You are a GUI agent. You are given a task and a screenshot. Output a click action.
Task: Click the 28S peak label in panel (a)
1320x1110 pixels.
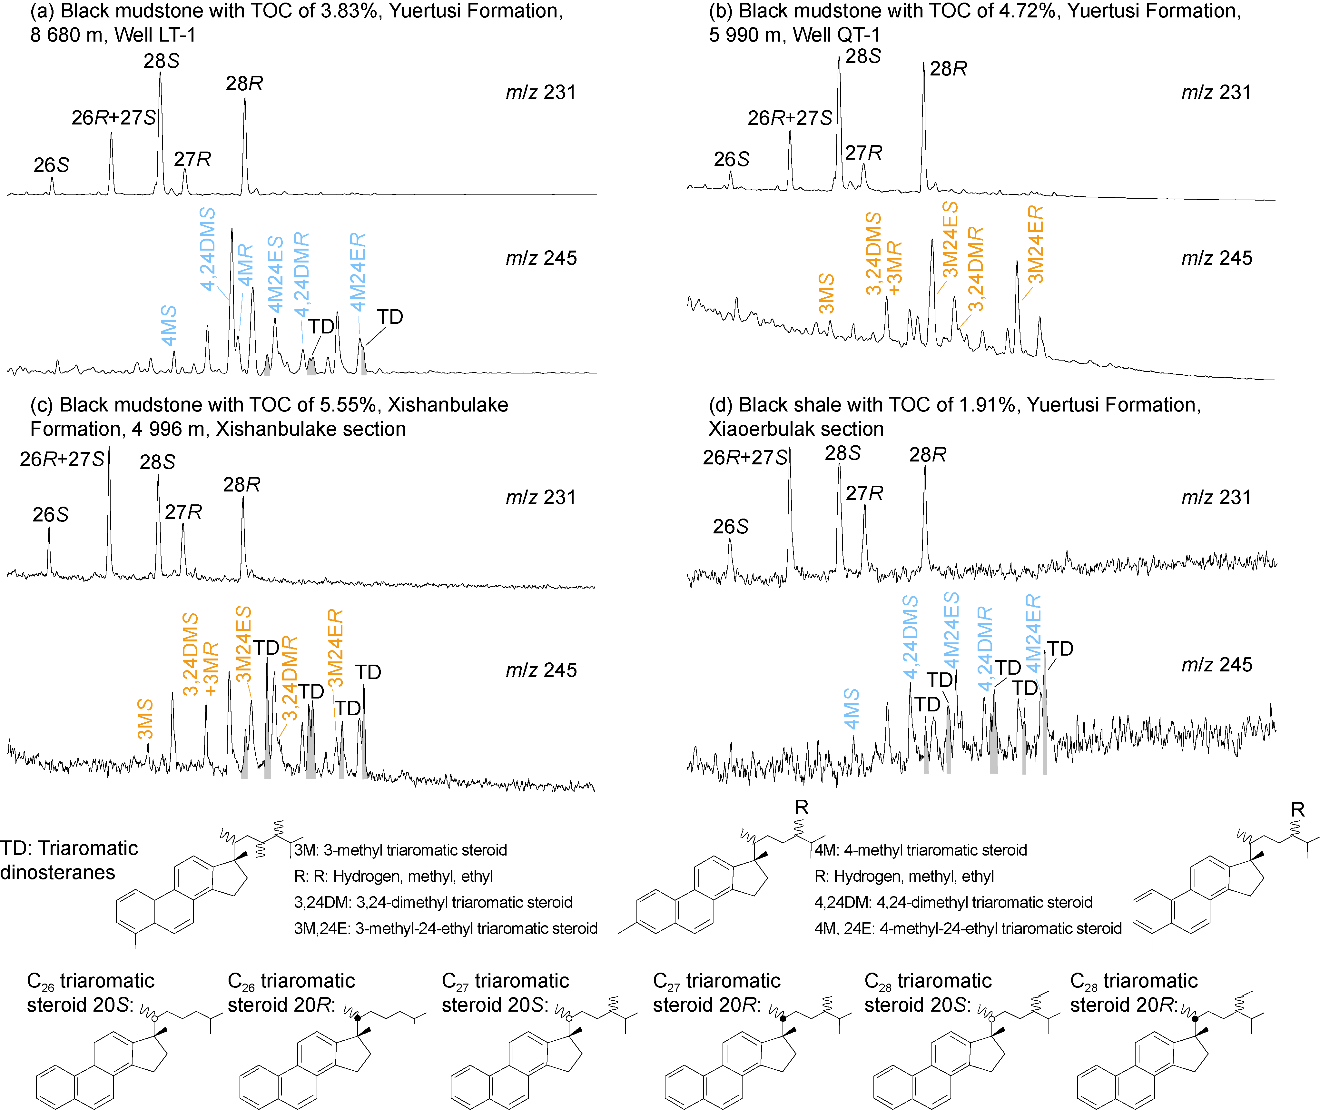click(x=161, y=61)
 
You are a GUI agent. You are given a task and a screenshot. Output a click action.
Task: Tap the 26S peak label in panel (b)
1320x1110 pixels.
click(x=731, y=159)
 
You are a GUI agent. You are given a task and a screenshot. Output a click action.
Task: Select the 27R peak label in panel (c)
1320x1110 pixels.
click(x=183, y=512)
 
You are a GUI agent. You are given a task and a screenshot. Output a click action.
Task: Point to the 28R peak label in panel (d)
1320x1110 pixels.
click(x=927, y=454)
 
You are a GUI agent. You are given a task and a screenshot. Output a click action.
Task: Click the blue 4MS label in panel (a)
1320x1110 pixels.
click(x=169, y=326)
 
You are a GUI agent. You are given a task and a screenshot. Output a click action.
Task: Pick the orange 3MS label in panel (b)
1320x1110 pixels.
click(x=826, y=293)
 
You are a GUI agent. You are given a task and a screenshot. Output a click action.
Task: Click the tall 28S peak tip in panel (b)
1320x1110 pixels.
click(x=839, y=58)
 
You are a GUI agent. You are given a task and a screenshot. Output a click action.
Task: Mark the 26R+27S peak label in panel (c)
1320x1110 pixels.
click(x=62, y=459)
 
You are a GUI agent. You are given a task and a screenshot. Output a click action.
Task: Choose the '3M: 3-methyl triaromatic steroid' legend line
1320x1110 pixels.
click(x=400, y=850)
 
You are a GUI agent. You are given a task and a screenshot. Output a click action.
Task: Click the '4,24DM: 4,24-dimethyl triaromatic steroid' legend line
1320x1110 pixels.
click(x=953, y=902)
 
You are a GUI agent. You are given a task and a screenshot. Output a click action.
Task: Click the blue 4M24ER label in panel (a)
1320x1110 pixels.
click(x=358, y=272)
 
